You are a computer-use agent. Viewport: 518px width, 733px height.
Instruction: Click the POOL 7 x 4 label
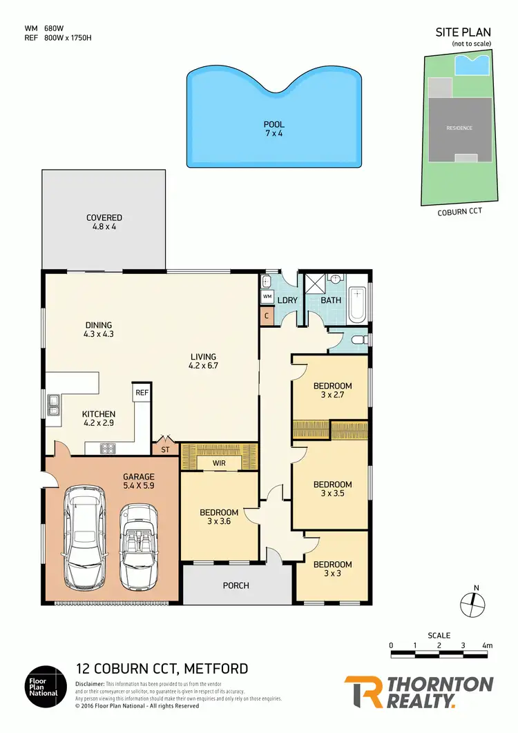click(274, 128)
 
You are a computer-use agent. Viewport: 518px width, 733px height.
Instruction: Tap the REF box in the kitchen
click(142, 392)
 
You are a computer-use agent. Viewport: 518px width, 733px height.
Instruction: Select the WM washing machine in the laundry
click(267, 297)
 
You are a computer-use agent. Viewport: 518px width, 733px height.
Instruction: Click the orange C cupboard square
click(267, 315)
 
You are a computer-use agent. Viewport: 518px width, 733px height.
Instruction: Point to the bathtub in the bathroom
click(356, 304)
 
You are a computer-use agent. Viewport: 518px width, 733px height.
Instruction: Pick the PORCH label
click(236, 585)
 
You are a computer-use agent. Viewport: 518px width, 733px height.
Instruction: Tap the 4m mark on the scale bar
click(487, 646)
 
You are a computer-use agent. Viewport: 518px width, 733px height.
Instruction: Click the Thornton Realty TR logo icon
click(361, 692)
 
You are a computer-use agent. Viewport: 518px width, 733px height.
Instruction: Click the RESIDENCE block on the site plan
click(459, 128)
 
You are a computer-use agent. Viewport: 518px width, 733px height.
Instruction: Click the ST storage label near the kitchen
click(165, 449)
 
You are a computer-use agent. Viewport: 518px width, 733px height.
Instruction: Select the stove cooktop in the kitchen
click(108, 448)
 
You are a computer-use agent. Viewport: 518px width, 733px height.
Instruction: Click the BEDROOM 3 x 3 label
click(332, 569)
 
